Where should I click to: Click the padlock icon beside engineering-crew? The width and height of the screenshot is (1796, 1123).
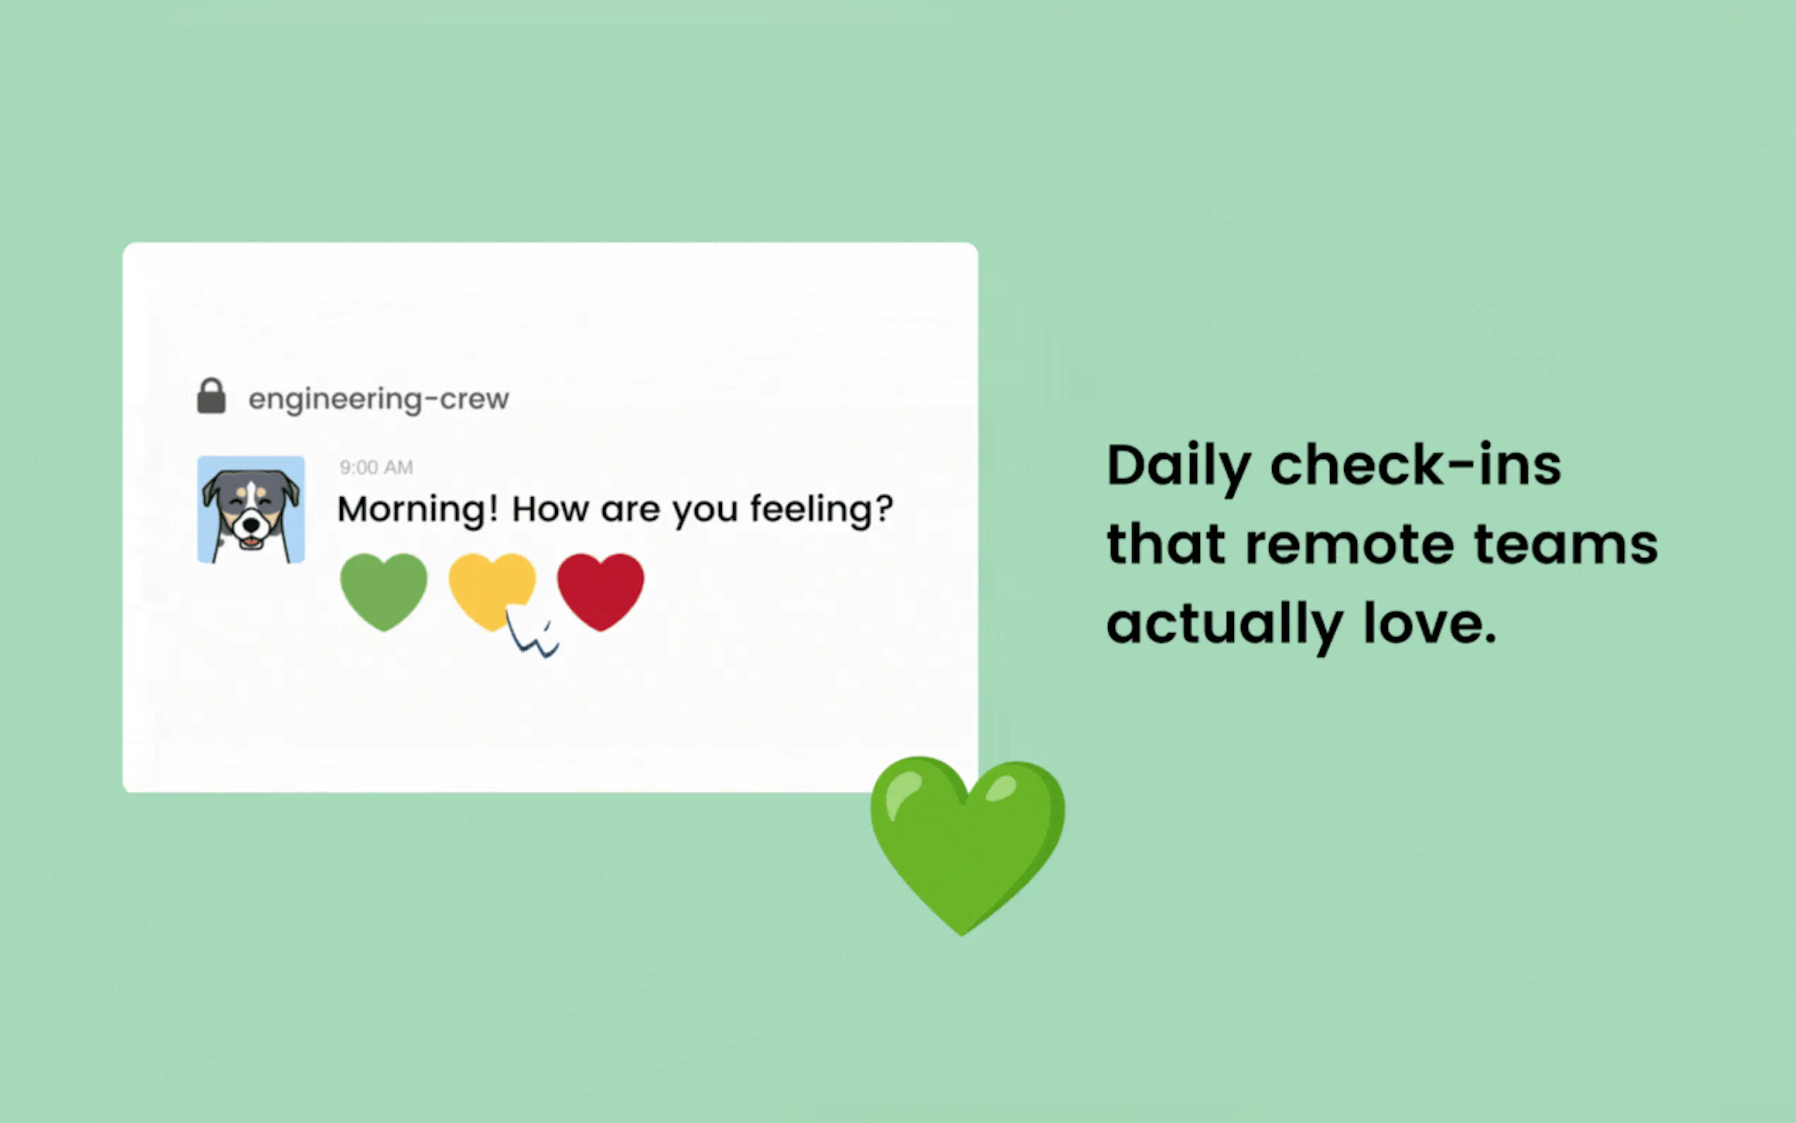click(x=211, y=396)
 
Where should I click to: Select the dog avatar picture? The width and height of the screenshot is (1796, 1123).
click(x=251, y=509)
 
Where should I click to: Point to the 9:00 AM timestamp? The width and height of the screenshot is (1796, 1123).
click(x=376, y=467)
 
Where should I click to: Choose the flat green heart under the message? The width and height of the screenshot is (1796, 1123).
click(x=384, y=592)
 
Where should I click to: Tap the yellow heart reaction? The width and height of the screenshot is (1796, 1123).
click(x=491, y=590)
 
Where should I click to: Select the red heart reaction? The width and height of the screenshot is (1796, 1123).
click(x=600, y=592)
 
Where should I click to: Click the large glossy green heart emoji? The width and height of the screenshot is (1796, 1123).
click(x=967, y=845)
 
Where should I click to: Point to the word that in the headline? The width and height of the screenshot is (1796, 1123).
click(x=1167, y=544)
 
